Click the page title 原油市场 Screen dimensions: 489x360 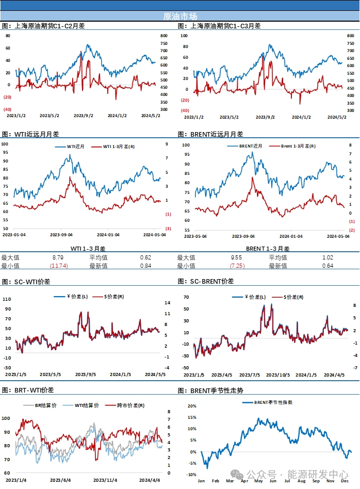point(179,16)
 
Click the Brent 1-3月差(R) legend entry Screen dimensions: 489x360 point(298,146)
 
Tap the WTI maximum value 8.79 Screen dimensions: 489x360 point(58,257)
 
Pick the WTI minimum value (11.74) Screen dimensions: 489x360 point(58,266)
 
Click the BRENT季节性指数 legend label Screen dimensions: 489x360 point(273,402)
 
